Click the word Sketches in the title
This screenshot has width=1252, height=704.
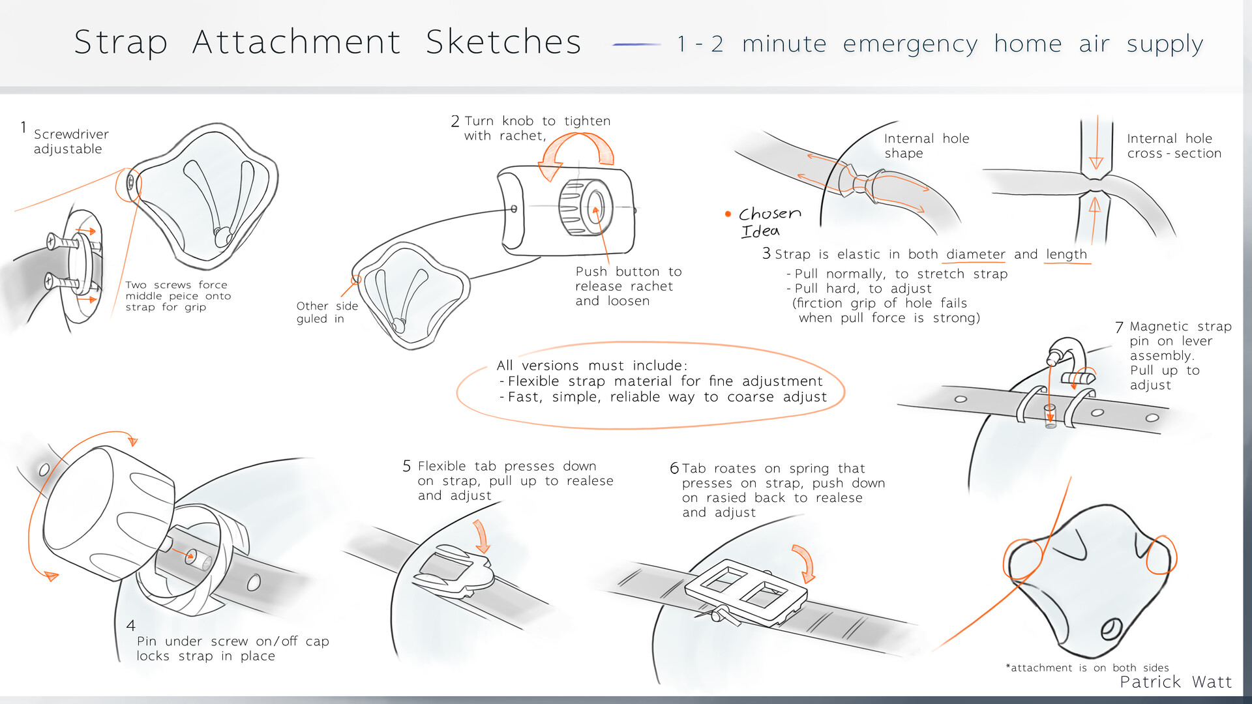coord(503,42)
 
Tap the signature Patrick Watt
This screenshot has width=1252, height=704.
coord(1176,682)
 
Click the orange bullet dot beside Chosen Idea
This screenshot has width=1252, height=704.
coord(728,214)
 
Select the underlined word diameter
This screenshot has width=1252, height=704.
coord(976,254)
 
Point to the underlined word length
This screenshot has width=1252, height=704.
coord(1067,254)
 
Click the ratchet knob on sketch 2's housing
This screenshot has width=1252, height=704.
coord(586,207)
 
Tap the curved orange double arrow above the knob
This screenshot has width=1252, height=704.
coord(577,154)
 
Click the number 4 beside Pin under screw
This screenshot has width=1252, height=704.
coord(131,626)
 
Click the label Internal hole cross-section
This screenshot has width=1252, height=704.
coord(1173,146)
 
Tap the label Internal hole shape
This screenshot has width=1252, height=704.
coord(926,146)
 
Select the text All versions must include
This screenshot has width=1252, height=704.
coord(591,366)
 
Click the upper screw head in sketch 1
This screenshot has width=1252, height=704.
coord(52,242)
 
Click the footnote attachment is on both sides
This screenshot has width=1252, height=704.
coord(1087,667)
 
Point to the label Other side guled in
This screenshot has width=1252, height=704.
coord(327,312)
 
